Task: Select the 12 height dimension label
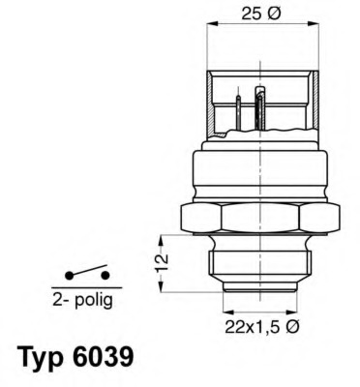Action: tap(163, 258)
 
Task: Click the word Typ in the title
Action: tap(41, 357)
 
